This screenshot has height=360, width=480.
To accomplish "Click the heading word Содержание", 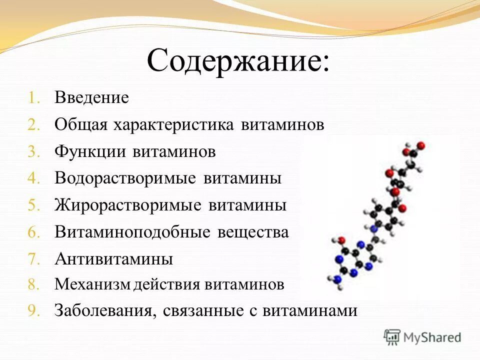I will tap(238, 62).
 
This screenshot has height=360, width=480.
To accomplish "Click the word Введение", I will tap(92, 97).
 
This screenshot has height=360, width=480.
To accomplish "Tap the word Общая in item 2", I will tap(81, 124).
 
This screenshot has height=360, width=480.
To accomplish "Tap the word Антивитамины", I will tap(114, 259).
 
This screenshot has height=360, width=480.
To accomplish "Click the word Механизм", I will tap(93, 285).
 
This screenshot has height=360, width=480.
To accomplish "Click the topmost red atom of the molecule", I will tap(421, 145).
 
